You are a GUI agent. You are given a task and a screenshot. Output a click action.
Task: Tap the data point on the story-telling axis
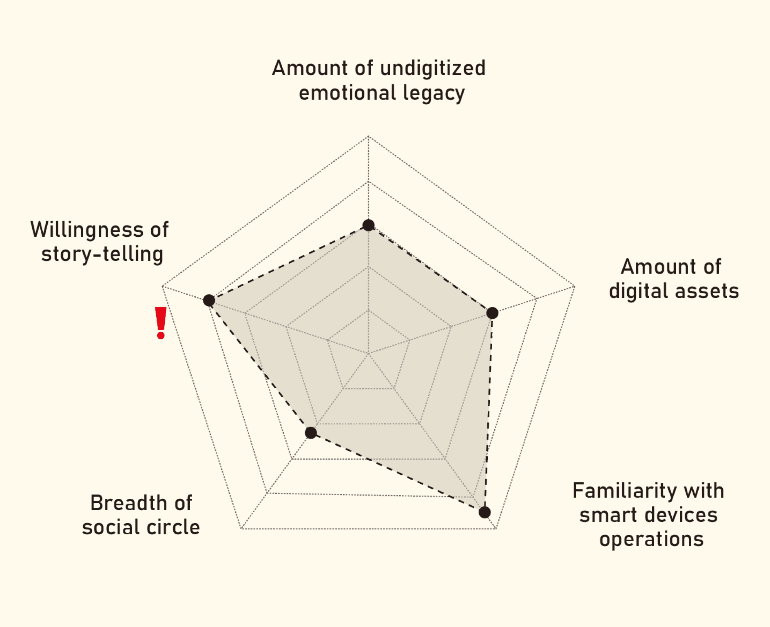[x=209, y=300]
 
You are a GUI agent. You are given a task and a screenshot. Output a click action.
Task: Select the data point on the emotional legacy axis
[x=368, y=225]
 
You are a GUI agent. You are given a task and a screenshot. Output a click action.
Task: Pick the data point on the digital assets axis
[x=492, y=313]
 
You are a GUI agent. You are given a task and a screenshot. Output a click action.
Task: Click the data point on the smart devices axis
[x=485, y=512]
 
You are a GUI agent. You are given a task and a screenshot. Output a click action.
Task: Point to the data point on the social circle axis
[x=311, y=433]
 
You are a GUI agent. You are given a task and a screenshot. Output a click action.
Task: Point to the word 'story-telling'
[x=102, y=254]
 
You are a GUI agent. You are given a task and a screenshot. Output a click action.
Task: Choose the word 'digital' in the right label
[x=639, y=291]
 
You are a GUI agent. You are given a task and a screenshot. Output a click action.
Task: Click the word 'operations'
[x=651, y=539]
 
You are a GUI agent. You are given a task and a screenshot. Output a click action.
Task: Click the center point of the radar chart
[x=368, y=354]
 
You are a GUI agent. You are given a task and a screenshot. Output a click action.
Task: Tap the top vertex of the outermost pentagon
[x=368, y=136]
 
